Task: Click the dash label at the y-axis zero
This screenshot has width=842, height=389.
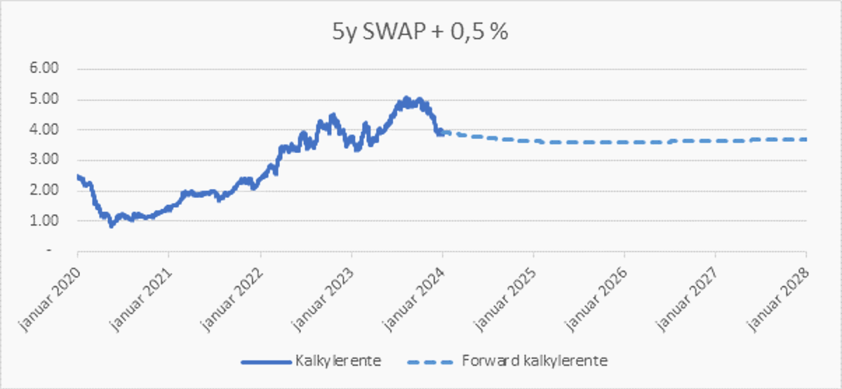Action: click(49, 251)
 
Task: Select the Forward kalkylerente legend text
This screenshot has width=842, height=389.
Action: click(535, 362)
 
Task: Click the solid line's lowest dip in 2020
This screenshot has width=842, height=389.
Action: click(111, 225)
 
